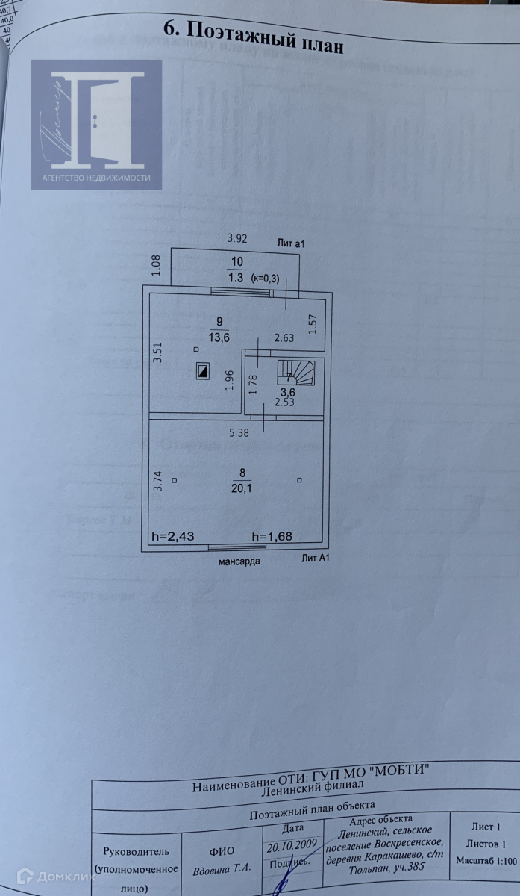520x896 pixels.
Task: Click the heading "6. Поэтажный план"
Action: (x=254, y=36)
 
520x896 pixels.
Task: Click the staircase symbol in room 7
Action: (x=296, y=372)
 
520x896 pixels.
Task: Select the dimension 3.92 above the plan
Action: (x=236, y=239)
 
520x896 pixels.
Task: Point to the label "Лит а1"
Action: (x=292, y=243)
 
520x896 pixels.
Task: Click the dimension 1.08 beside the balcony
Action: (x=157, y=267)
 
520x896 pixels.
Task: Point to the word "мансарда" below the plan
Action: (x=239, y=561)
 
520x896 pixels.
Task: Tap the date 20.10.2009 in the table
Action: (x=292, y=844)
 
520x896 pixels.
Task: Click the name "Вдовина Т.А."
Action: (x=222, y=869)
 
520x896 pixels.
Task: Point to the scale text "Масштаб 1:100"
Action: (x=486, y=861)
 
